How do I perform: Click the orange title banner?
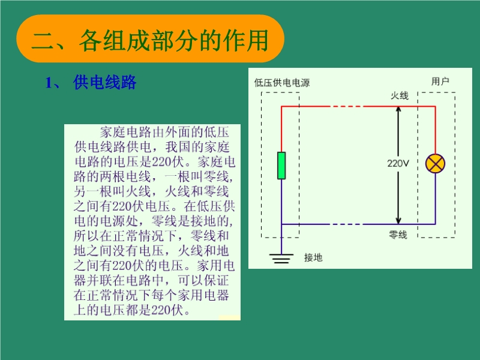(151, 38)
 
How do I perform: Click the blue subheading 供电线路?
(104, 82)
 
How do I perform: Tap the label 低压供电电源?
(282, 83)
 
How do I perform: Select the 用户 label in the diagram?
(440, 81)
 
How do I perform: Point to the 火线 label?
(399, 95)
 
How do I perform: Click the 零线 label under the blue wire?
(398, 235)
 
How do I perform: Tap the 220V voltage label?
(398, 163)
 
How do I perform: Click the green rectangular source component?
(281, 166)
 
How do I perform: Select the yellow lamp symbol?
(435, 163)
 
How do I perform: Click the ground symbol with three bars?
(281, 259)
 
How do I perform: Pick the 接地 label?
(313, 257)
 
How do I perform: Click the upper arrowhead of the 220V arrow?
(398, 109)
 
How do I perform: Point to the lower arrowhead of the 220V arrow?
(398, 221)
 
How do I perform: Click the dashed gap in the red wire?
(346, 106)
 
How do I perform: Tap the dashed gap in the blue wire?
(346, 224)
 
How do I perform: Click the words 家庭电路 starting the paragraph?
(126, 132)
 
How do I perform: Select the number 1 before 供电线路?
(49, 83)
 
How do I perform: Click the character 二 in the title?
(43, 41)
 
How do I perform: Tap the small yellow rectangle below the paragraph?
(230, 318)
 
